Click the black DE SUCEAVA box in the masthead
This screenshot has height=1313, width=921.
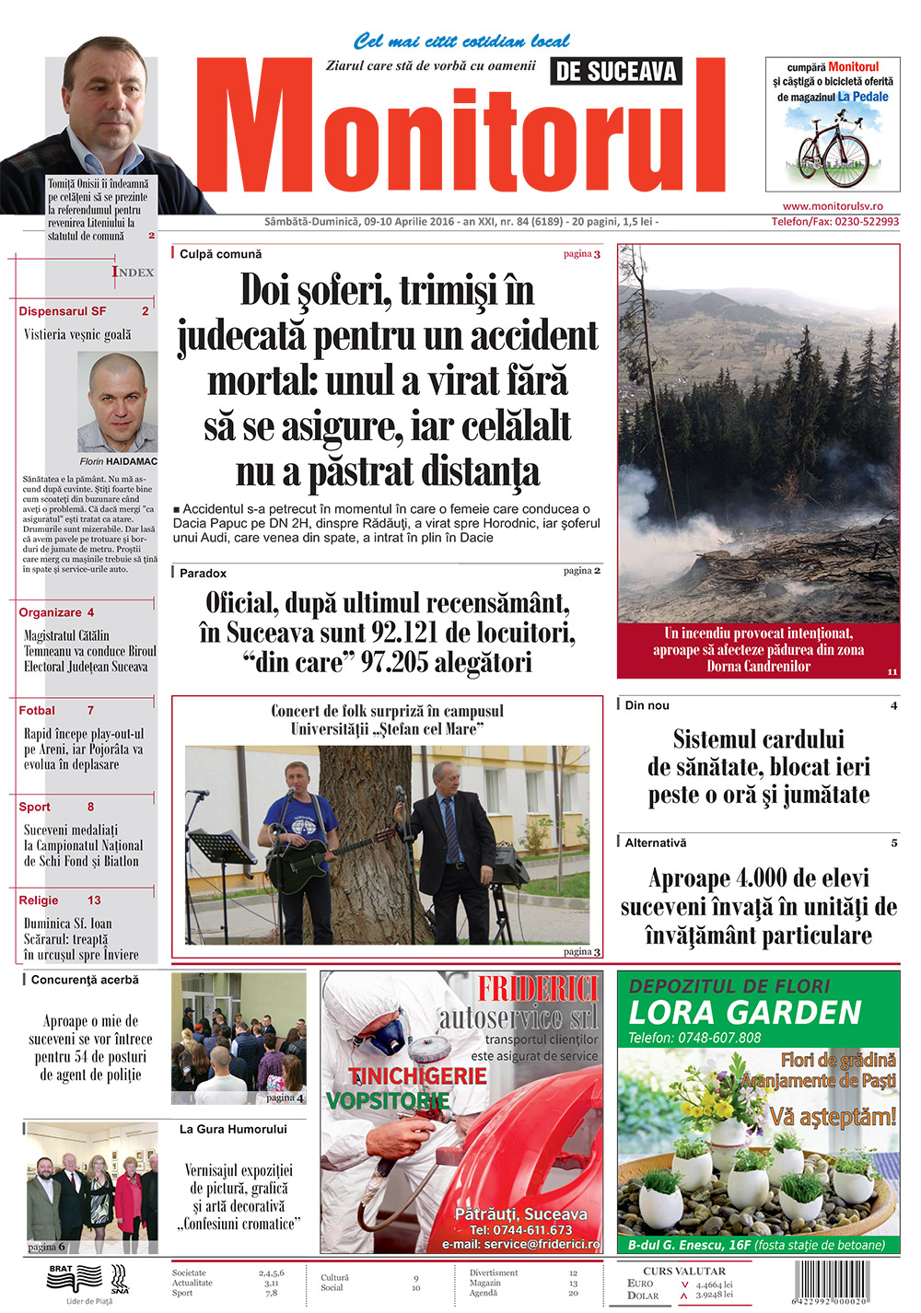(616, 72)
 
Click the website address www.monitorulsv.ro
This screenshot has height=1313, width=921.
(833, 206)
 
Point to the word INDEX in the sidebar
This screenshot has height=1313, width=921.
(134, 272)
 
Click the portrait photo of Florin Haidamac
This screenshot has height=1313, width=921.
(117, 402)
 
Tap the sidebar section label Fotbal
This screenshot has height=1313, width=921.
(37, 711)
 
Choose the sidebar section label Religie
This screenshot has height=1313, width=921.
(39, 901)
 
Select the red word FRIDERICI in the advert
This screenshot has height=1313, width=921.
(538, 990)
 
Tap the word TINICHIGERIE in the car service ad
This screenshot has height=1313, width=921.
(417, 1075)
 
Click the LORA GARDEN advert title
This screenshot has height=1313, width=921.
(744, 1013)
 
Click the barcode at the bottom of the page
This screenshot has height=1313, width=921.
(844, 1280)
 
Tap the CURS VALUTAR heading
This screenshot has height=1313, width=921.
(683, 1271)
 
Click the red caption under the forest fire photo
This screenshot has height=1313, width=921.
(758, 650)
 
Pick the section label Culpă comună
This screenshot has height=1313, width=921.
(220, 254)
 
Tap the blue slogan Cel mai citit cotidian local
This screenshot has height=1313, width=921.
(461, 41)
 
